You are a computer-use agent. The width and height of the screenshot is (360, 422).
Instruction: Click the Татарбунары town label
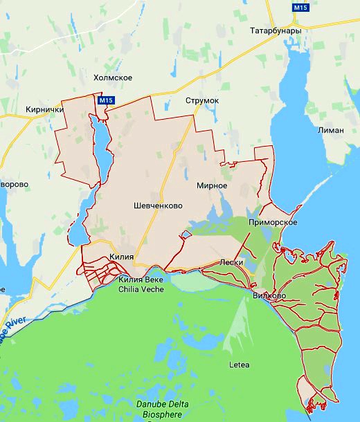276,31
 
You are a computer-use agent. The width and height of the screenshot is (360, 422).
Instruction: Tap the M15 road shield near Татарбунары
300,8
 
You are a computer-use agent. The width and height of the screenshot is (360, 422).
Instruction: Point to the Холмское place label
113,77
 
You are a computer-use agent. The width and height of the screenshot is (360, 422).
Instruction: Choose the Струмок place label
202,101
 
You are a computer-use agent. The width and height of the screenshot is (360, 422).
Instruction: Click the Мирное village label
212,185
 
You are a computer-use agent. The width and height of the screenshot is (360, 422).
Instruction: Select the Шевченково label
159,205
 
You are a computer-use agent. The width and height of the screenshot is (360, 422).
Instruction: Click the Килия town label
121,257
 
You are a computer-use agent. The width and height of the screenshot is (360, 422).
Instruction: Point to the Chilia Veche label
141,284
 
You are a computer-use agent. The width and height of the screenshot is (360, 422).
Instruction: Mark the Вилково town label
270,295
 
